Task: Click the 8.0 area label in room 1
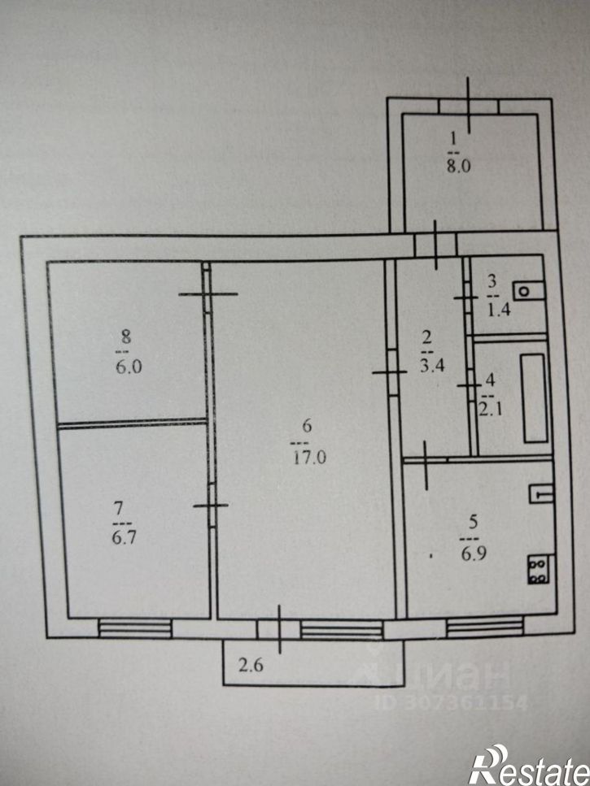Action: point(460,168)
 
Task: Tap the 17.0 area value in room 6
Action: point(309,457)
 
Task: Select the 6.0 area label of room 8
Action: point(129,367)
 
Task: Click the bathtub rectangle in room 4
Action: point(534,396)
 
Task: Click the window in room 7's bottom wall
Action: point(135,627)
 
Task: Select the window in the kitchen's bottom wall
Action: point(484,627)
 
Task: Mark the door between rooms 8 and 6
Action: point(208,293)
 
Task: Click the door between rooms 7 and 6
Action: point(212,506)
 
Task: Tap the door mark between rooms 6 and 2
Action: point(390,372)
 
